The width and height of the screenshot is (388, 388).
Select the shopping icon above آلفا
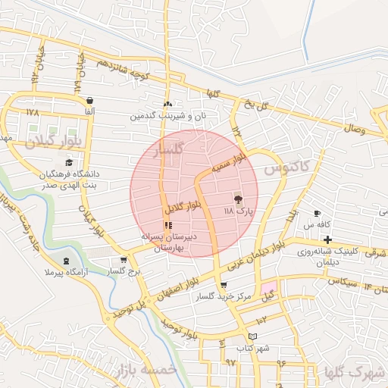click(x=90, y=100)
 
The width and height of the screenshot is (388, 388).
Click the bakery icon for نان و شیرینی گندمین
click(x=167, y=104)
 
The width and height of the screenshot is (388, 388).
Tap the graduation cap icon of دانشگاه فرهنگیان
click(x=70, y=162)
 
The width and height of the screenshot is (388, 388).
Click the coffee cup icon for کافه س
click(x=317, y=213)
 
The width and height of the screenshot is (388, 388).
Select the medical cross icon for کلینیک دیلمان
click(x=327, y=239)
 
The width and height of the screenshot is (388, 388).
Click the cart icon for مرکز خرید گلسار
click(x=223, y=286)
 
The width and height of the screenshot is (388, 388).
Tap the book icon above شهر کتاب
click(x=252, y=335)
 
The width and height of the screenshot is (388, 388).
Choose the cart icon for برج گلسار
click(x=124, y=260)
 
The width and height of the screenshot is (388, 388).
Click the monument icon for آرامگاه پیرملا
click(x=67, y=261)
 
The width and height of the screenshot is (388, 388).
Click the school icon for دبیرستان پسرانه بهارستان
click(x=168, y=225)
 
